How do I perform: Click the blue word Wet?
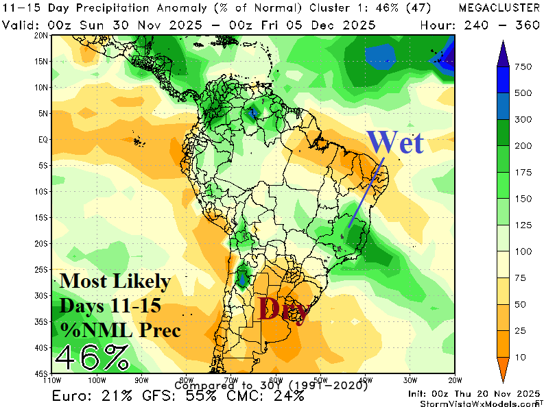[x=395, y=142]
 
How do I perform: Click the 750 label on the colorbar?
[x=524, y=66]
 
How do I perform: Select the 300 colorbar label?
[x=524, y=119]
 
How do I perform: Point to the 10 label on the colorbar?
[x=522, y=357]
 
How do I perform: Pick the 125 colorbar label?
[x=524, y=225]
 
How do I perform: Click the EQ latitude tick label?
[x=43, y=139]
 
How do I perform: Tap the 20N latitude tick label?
[x=42, y=35]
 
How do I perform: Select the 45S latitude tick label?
[x=42, y=373]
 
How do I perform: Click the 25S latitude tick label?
[x=42, y=269]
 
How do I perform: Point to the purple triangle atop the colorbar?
[x=503, y=50]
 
